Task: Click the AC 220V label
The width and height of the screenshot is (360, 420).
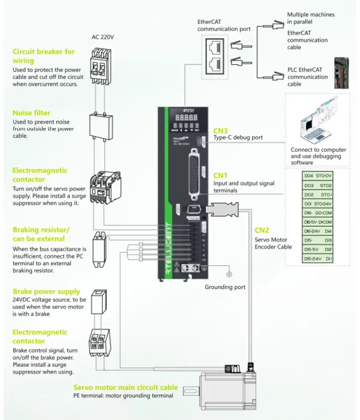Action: pyautogui.click(x=103, y=37)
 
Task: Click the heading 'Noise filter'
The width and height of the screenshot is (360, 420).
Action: pyautogui.click(x=31, y=113)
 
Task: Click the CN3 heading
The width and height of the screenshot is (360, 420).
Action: pyautogui.click(x=221, y=130)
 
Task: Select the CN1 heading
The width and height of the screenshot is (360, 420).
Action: pyautogui.click(x=221, y=175)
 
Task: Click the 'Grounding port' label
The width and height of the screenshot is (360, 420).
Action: pyautogui.click(x=225, y=287)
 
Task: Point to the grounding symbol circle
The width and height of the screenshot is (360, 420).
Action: pyautogui.click(x=229, y=274)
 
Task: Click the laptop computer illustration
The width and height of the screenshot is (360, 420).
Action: pyautogui.click(x=317, y=122)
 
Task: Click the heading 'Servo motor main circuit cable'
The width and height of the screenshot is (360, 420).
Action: pyautogui.click(x=125, y=388)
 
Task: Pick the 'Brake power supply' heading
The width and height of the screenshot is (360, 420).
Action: pyautogui.click(x=46, y=292)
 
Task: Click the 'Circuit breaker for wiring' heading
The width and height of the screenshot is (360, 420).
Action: pyautogui.click(x=44, y=56)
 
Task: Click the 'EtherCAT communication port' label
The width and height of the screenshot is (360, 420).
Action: pyautogui.click(x=224, y=25)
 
